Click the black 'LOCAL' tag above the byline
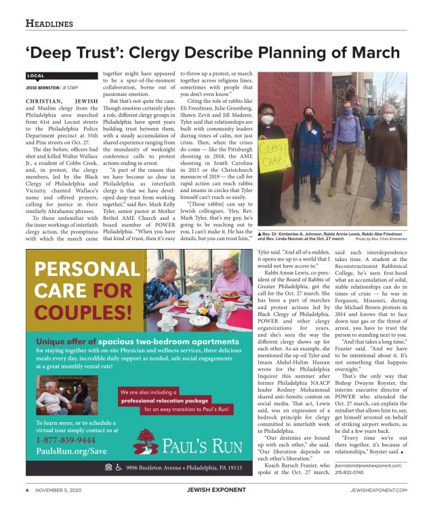(x=36, y=76)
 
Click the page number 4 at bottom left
(x=27, y=490)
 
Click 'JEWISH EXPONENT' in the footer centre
(x=215, y=490)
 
